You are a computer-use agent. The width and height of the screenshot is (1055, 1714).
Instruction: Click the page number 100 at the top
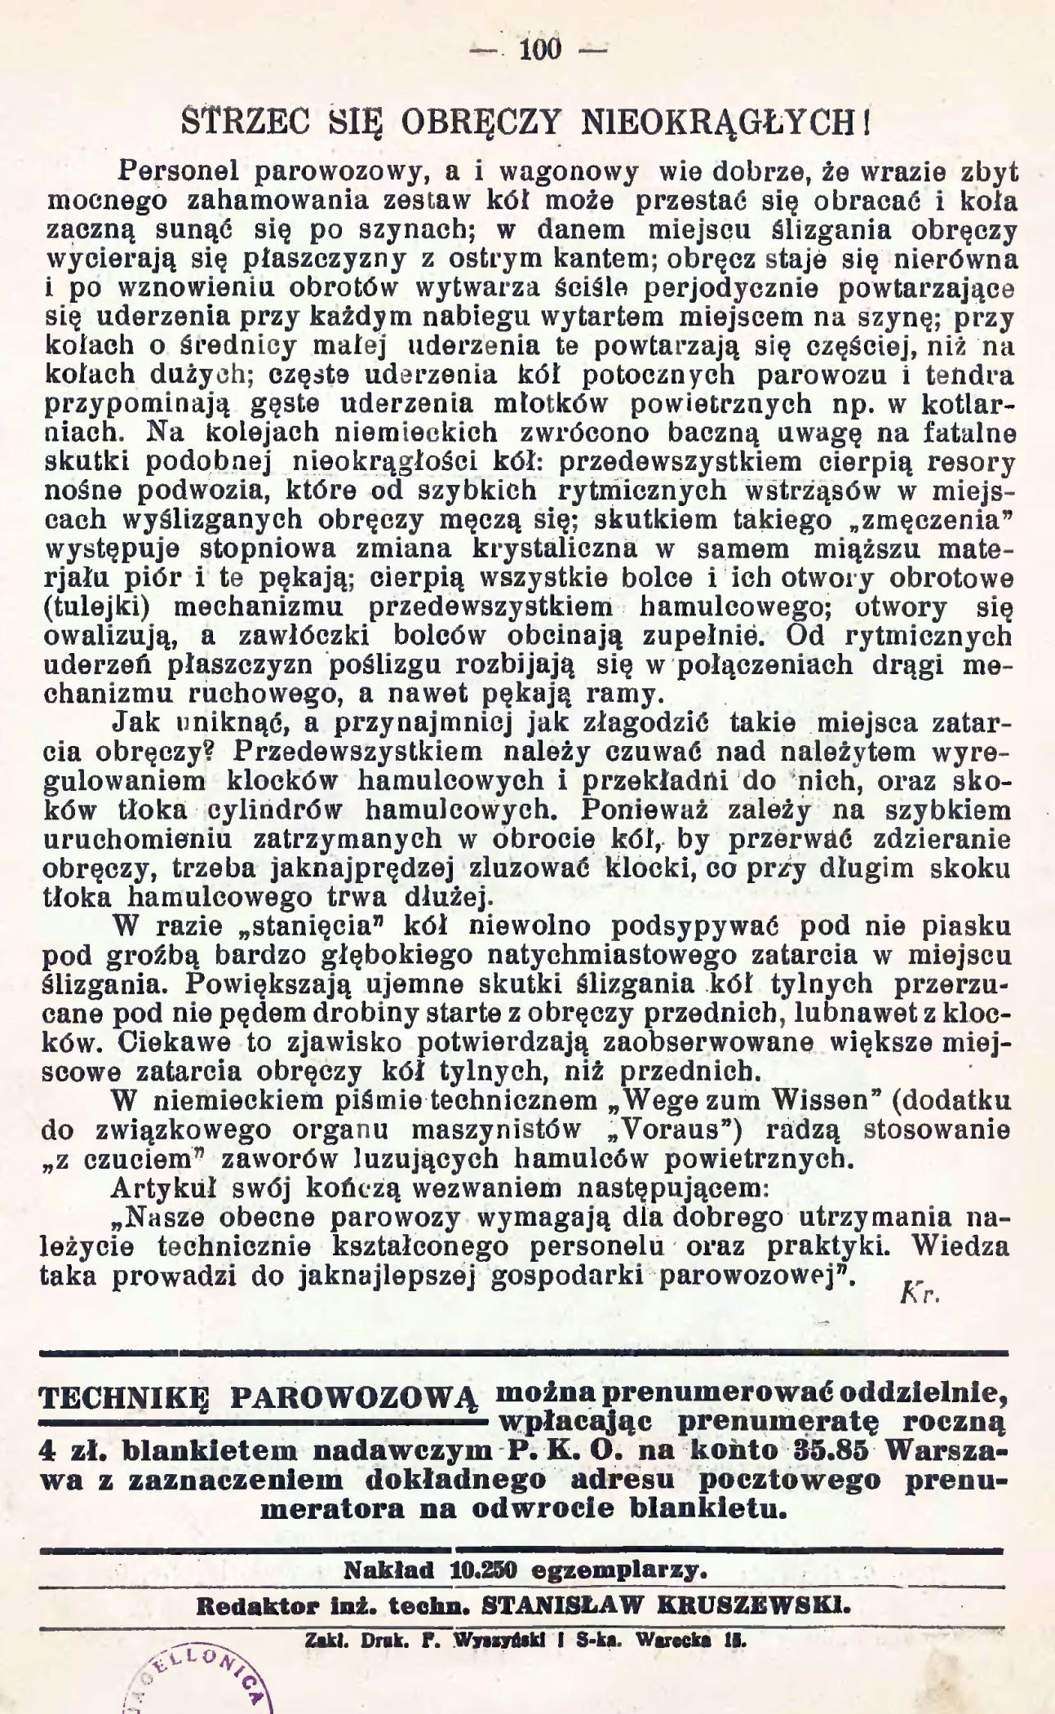[540, 50]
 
